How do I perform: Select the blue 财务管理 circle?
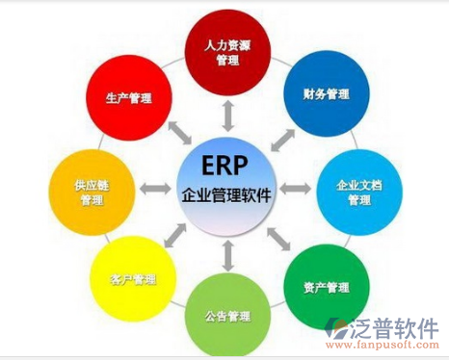325,95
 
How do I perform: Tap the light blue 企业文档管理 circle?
357,191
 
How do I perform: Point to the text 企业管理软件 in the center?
226,194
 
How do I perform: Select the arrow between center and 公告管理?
227,256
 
